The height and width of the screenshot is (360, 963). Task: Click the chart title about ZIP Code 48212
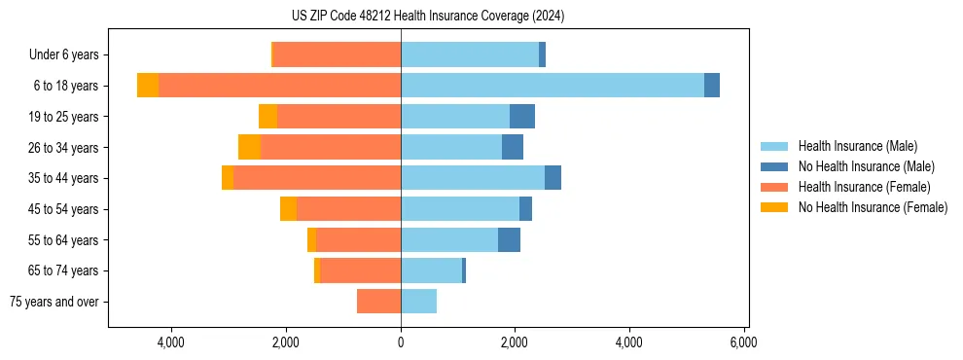click(427, 16)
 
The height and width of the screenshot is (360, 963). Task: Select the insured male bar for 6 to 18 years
click(552, 86)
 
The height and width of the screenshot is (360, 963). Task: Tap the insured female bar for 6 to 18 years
click(279, 86)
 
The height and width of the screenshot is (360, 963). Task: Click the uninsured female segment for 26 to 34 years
click(249, 147)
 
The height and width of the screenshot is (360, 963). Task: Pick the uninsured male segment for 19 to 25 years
click(522, 117)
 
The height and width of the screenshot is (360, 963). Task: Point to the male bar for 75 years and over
click(418, 302)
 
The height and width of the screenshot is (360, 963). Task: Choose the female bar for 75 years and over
click(378, 302)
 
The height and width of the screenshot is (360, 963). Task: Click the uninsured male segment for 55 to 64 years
click(509, 240)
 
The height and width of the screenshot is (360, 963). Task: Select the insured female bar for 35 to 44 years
click(317, 178)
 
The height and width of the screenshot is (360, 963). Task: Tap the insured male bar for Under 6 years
click(469, 54)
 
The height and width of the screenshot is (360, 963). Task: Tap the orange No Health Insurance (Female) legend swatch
click(775, 207)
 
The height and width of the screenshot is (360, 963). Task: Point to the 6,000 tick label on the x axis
click(744, 342)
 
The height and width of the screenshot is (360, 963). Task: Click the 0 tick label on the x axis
click(401, 342)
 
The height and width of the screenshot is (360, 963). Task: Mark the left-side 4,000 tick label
click(171, 342)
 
